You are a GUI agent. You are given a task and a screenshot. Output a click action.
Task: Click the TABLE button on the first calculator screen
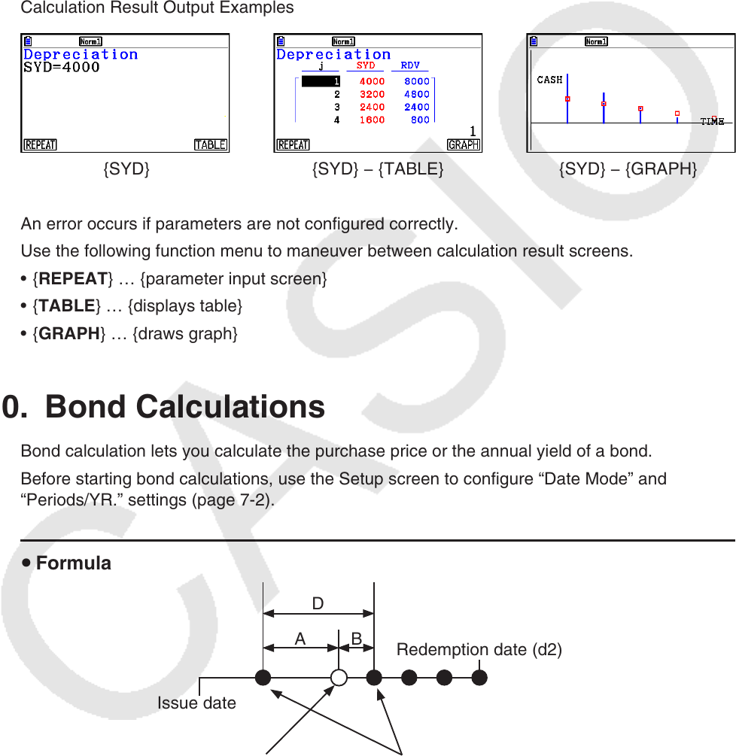(x=211, y=145)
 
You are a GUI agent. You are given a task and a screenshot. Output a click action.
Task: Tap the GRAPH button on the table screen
(x=464, y=145)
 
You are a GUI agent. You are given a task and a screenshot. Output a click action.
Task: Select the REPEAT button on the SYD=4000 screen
(x=41, y=145)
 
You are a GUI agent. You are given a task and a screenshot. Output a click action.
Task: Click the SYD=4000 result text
(x=62, y=68)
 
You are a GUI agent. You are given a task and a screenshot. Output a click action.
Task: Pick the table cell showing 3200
(x=372, y=95)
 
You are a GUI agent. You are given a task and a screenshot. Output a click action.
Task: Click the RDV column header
(x=410, y=66)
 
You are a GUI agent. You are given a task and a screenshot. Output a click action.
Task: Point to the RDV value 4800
(x=416, y=95)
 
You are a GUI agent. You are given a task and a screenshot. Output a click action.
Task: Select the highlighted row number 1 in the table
(x=321, y=81)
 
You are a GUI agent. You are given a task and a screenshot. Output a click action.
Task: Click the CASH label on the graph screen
(x=549, y=80)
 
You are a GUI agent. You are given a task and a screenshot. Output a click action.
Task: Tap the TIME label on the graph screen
(x=712, y=122)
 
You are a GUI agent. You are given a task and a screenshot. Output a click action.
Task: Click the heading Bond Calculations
(x=185, y=407)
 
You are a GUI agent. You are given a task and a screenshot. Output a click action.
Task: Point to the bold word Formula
(x=74, y=563)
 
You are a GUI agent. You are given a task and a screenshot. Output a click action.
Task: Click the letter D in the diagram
(x=318, y=603)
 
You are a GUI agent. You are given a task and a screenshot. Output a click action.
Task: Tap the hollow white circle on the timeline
(x=339, y=678)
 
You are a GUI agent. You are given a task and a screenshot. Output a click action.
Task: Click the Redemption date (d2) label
(x=479, y=650)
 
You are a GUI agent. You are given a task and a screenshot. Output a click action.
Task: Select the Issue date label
(x=196, y=703)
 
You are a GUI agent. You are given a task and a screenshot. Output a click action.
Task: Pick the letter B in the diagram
(x=357, y=639)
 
